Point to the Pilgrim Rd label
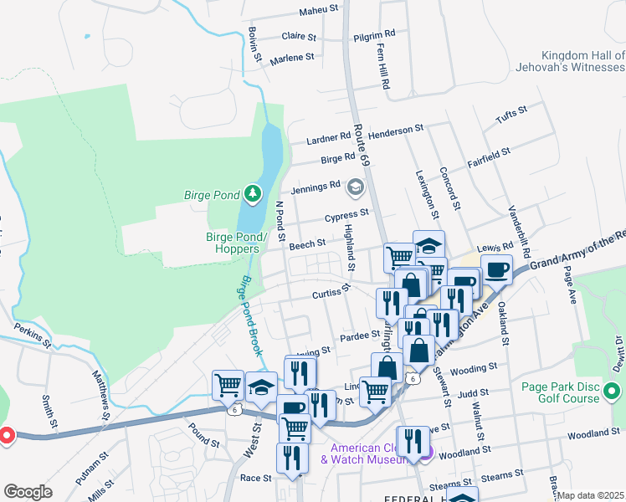[372, 34]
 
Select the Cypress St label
[347, 214]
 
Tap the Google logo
[28, 491]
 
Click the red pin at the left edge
[4, 437]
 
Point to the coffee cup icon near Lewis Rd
[496, 269]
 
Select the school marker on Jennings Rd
[356, 187]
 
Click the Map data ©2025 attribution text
[590, 494]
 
